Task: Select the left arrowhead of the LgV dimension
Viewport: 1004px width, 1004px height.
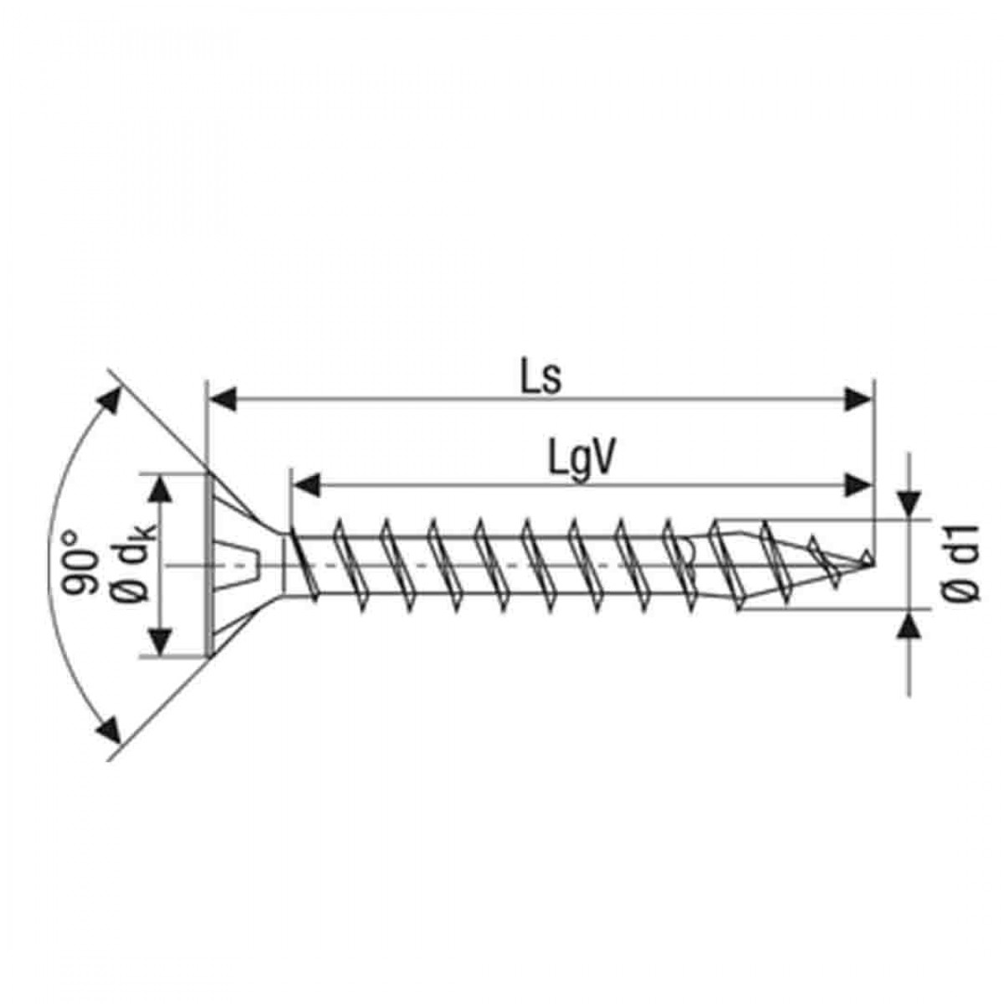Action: pyautogui.click(x=305, y=485)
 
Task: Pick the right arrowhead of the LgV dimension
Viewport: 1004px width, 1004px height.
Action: pyautogui.click(x=857, y=485)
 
